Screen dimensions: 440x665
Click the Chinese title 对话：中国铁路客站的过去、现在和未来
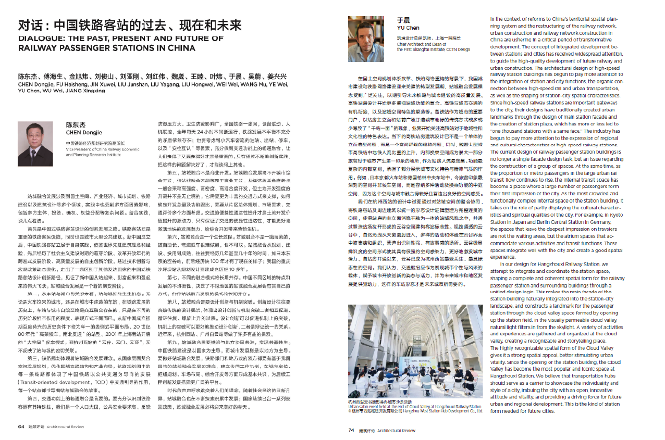(x=130, y=25)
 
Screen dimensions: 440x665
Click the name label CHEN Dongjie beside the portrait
(x=84, y=132)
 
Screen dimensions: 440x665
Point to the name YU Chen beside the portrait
(x=408, y=28)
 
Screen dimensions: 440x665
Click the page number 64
(x=21, y=426)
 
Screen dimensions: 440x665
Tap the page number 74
(x=351, y=431)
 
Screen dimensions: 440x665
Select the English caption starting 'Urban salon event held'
(x=414, y=407)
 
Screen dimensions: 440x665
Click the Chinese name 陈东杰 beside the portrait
(x=76, y=125)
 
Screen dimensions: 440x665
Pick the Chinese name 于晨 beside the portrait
(x=403, y=21)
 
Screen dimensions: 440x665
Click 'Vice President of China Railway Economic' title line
(x=102, y=149)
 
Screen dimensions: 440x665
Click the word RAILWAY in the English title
(x=39, y=47)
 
